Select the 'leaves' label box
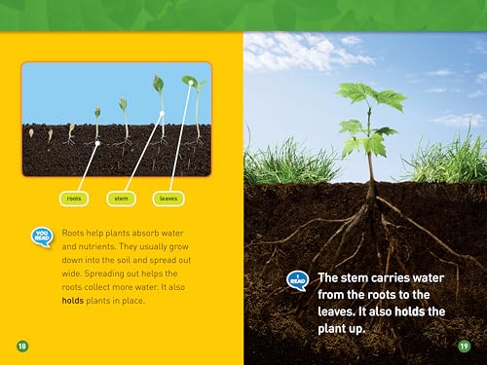169,200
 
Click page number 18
21,346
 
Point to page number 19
465,346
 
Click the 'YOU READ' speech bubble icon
42,237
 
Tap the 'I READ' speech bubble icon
297,280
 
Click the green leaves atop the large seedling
371,100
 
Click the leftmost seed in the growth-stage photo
32,133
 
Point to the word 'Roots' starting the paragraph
72,234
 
